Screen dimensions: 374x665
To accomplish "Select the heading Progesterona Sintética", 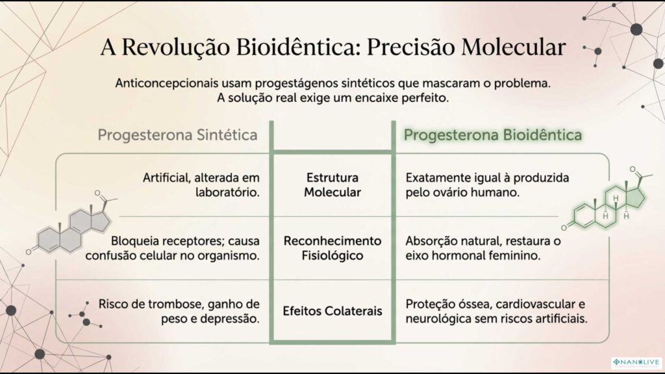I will click(177, 135).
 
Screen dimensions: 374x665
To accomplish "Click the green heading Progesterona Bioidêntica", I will click(493, 135).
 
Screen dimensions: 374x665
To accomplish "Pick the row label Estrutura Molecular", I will click(332, 184).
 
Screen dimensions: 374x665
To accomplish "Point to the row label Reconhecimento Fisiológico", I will click(332, 247).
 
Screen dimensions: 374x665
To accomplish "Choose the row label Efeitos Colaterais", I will click(332, 311).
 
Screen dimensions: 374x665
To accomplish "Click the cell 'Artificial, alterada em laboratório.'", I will click(201, 184).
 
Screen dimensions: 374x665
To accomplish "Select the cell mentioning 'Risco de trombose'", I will click(179, 311).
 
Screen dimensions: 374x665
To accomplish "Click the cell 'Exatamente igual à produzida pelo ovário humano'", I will click(487, 184).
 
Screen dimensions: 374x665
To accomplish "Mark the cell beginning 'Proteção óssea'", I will click(496, 311).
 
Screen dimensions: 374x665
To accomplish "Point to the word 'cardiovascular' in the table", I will click(541, 304).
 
